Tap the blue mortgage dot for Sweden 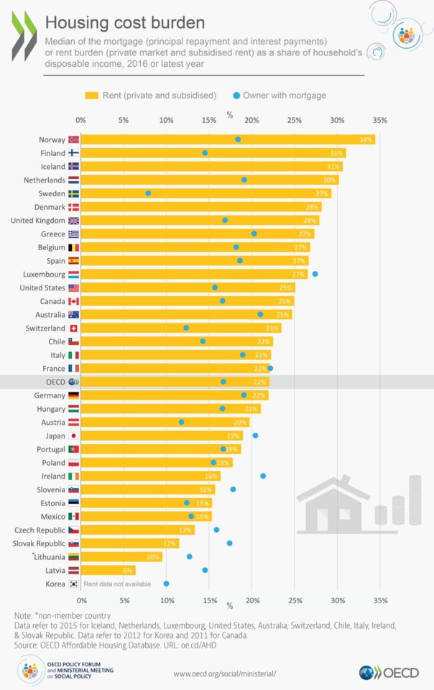click(x=149, y=193)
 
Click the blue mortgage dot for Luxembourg click(x=315, y=274)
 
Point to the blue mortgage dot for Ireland click(x=263, y=476)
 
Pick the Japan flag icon click(x=73, y=436)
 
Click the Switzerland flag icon click(x=73, y=328)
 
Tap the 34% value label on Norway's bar click(x=366, y=139)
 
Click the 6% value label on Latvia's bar click(x=128, y=570)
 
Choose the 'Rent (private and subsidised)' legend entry click(x=151, y=95)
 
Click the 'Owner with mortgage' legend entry click(x=280, y=95)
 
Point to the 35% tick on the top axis click(x=380, y=120)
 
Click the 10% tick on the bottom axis click(x=167, y=600)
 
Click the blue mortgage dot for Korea click(x=166, y=584)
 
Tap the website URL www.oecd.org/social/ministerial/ click(x=225, y=673)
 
